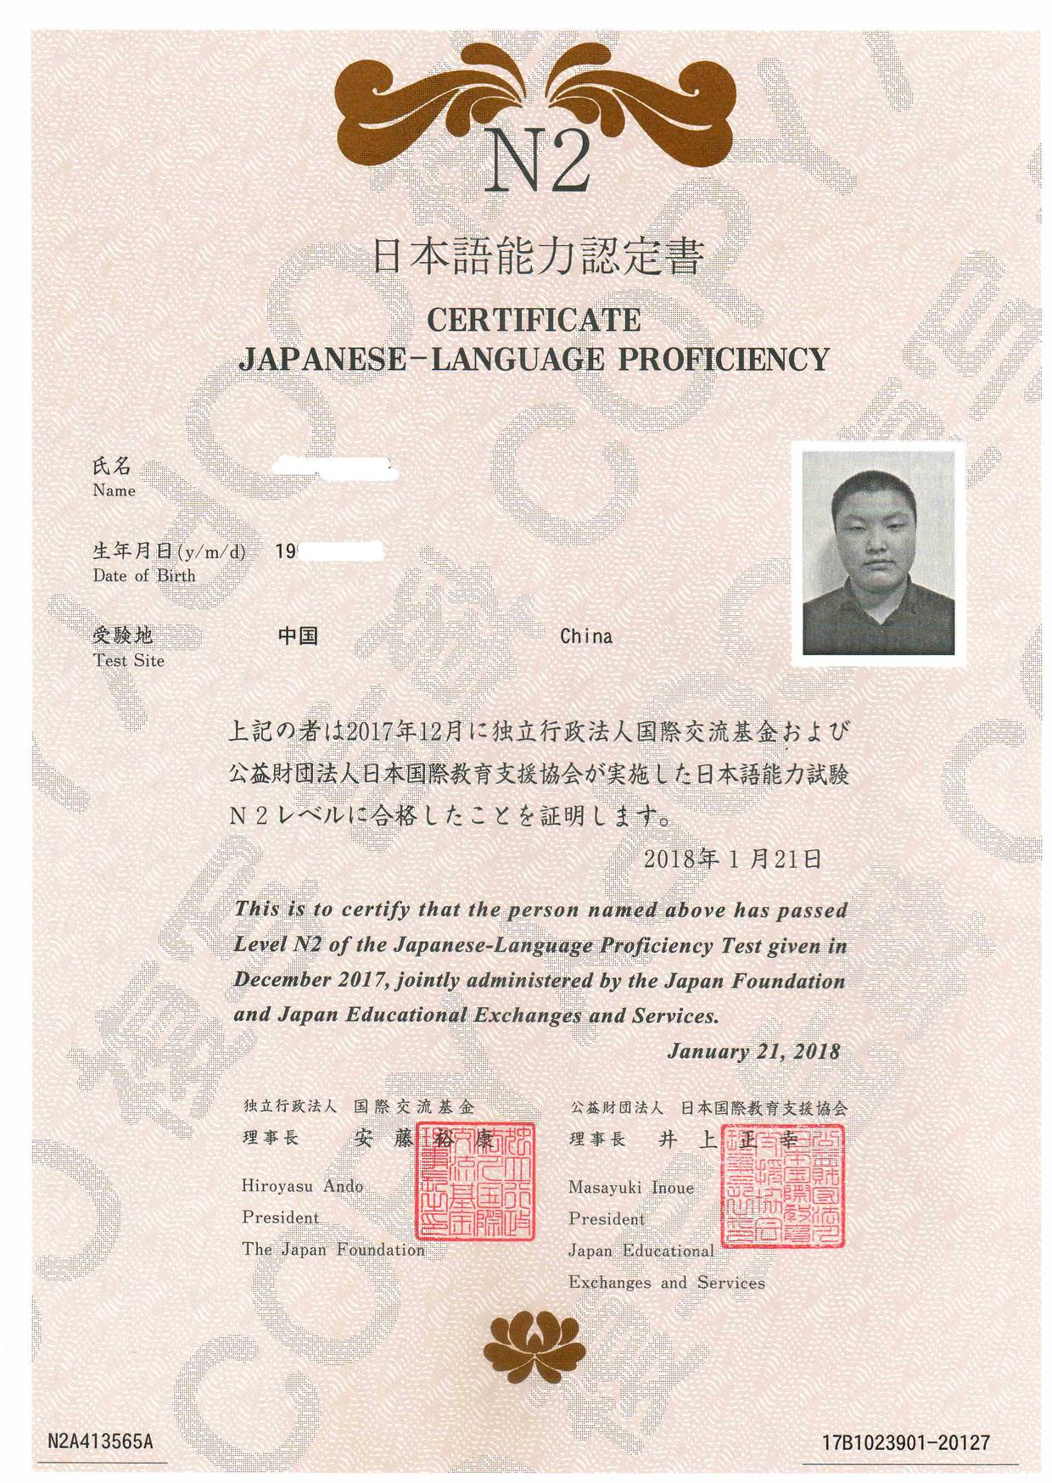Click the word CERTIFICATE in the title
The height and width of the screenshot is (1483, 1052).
click(534, 320)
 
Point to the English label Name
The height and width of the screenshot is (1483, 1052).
click(115, 490)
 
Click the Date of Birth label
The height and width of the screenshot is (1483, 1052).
click(144, 575)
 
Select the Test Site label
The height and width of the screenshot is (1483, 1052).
click(129, 661)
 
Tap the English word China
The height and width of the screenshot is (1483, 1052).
click(586, 636)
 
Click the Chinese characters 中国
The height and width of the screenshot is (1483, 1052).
click(298, 635)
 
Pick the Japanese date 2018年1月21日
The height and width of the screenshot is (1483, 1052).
click(732, 859)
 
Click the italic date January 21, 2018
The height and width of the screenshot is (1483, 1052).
click(753, 1052)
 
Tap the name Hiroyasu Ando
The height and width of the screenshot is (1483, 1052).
click(302, 1186)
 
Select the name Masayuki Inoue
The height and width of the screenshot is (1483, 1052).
click(630, 1188)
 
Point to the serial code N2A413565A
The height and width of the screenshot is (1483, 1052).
click(100, 1441)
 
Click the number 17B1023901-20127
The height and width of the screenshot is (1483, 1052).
click(906, 1442)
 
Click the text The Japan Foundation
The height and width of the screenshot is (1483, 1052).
click(333, 1250)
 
